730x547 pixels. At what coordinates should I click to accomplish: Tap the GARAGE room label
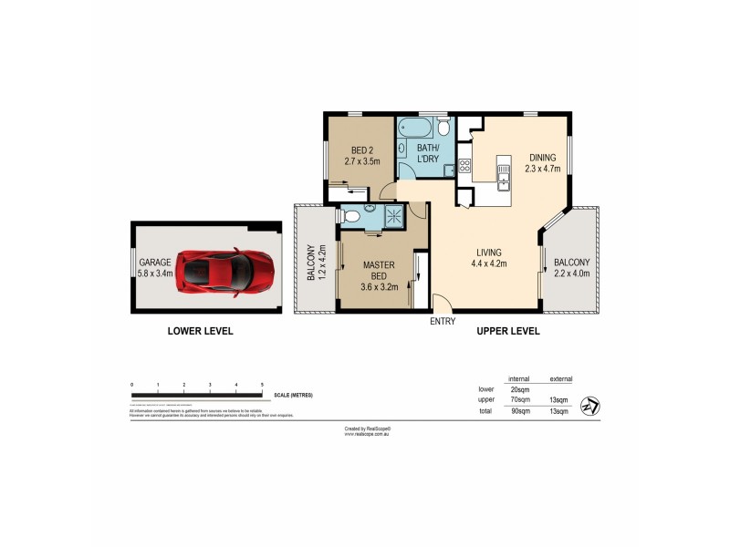(155, 260)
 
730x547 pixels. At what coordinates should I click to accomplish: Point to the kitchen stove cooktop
(464, 166)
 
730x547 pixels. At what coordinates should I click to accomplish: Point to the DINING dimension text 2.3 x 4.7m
(546, 168)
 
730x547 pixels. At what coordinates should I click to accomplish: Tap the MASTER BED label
(379, 271)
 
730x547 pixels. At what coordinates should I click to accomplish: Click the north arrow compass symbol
(591, 405)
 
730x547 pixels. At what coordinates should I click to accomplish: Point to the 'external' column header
(561, 378)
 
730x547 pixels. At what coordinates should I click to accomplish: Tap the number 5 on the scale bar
(263, 386)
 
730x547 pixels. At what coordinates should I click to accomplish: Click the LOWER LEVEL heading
(201, 331)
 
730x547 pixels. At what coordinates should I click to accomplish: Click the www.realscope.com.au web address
(368, 434)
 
